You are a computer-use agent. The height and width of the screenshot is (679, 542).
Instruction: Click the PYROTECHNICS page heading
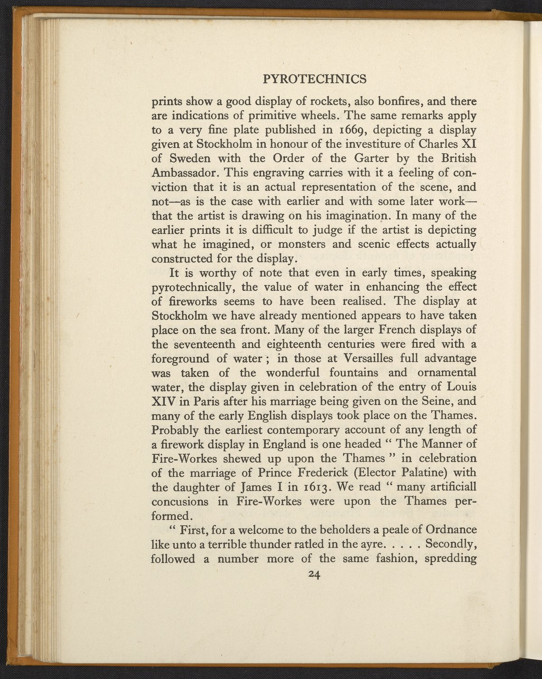[x=314, y=80]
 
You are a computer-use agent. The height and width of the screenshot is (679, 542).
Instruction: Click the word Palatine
[x=419, y=473]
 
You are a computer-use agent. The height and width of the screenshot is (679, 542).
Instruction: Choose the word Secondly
[x=452, y=544]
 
